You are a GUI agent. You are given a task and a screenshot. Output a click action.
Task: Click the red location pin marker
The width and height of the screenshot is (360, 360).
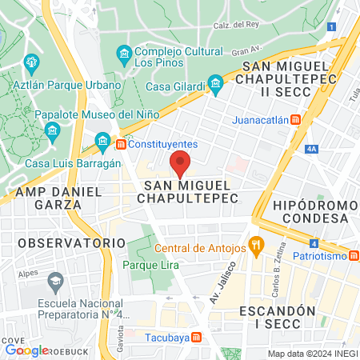[181, 162]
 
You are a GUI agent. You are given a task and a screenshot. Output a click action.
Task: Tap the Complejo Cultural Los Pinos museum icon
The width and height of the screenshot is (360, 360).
[124, 54]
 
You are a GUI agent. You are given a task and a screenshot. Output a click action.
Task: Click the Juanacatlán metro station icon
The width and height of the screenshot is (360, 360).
[296, 120]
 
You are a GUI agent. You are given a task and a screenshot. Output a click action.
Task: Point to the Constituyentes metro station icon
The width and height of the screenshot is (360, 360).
[121, 144]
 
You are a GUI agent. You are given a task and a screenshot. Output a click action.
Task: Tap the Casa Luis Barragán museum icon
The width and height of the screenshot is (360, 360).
[102, 143]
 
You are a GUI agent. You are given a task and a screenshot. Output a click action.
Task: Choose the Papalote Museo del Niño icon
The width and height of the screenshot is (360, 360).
[53, 130]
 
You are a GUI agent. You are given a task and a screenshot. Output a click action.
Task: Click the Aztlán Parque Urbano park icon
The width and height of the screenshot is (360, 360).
[32, 62]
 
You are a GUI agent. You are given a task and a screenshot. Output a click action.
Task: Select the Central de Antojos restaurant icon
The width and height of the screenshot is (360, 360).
[256, 245]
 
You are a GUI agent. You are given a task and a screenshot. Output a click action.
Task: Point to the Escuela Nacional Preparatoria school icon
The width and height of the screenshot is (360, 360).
[55, 281]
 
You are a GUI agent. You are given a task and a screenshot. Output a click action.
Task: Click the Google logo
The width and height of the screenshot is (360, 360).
[26, 350]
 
